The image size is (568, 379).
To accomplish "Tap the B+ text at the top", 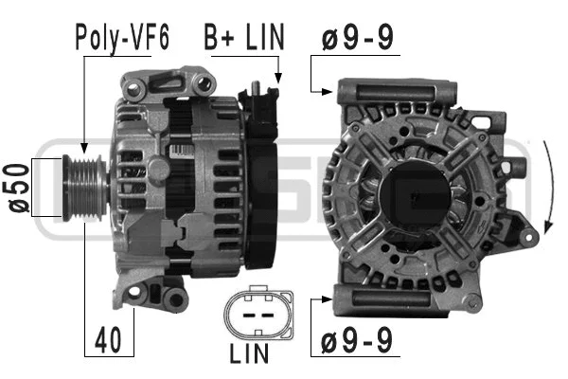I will tap(218, 41).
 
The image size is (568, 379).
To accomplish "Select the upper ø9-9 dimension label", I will tap(357, 40).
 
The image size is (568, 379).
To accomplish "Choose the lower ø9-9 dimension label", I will tap(357, 337).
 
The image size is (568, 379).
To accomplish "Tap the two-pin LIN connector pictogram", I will tap(252, 313).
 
